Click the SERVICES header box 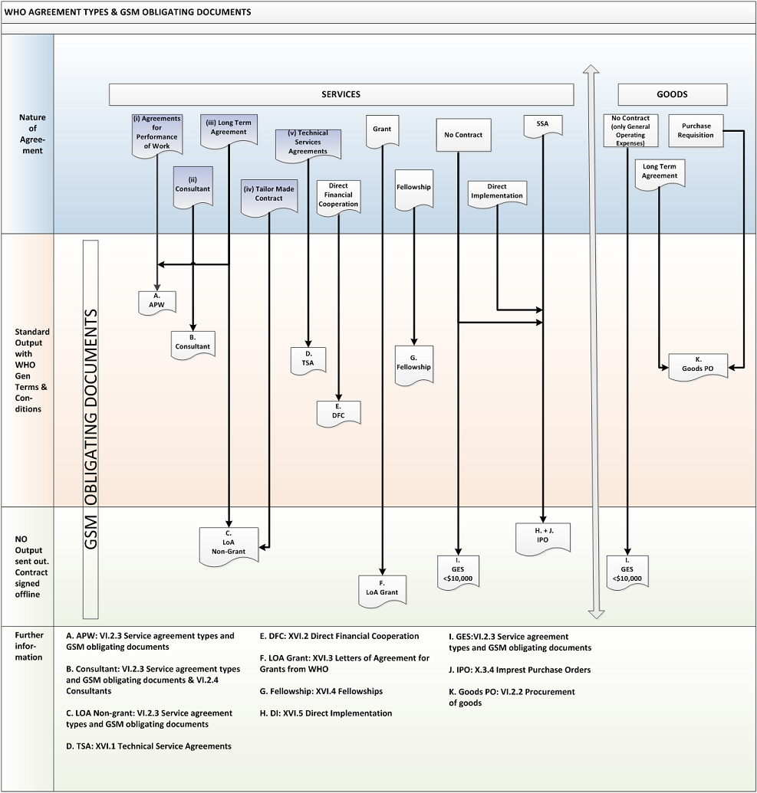point(341,94)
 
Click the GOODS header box point(673,94)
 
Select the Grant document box point(382,132)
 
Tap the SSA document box point(542,126)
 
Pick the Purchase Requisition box point(696,130)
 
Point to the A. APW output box point(157,303)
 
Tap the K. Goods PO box point(698,366)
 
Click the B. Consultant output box point(193,345)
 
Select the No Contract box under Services point(464,135)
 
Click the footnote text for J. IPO point(520,670)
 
